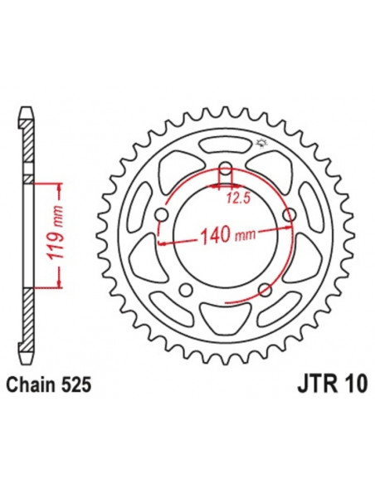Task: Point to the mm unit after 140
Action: tap(243, 238)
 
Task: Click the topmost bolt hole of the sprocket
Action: tap(225, 173)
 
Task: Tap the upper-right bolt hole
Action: tap(289, 217)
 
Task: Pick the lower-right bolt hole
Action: tap(265, 290)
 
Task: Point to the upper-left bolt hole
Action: tap(161, 217)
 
